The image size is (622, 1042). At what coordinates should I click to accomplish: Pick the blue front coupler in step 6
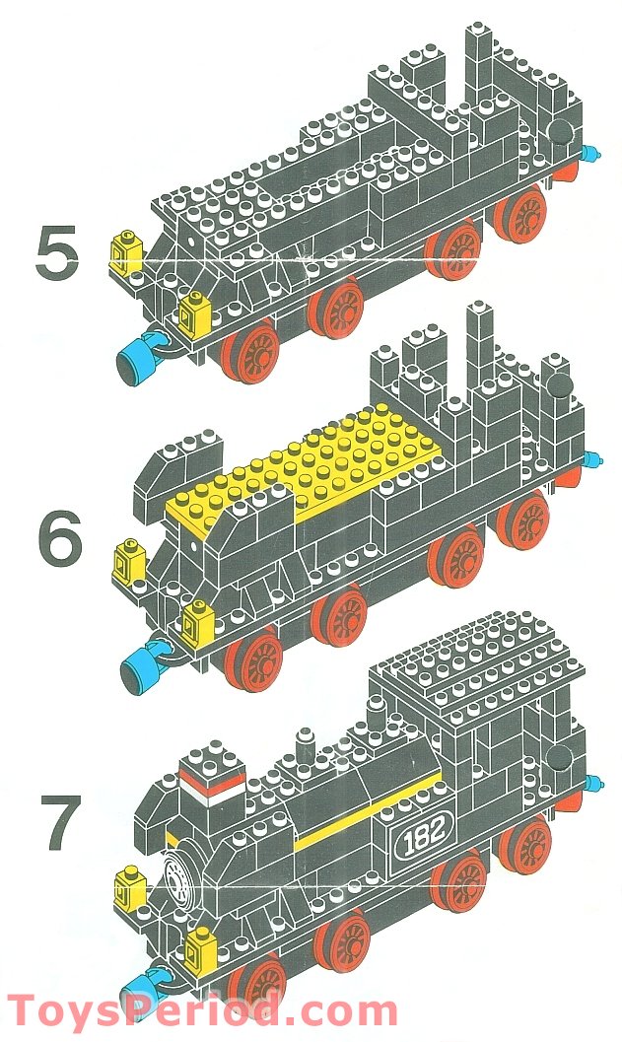click(143, 661)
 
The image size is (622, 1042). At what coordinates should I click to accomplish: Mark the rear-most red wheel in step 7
click(524, 845)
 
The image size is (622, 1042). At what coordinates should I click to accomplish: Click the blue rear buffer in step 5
click(590, 154)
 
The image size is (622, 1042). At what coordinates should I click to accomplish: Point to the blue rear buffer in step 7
click(591, 783)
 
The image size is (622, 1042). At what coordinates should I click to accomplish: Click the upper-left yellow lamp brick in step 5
click(127, 253)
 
